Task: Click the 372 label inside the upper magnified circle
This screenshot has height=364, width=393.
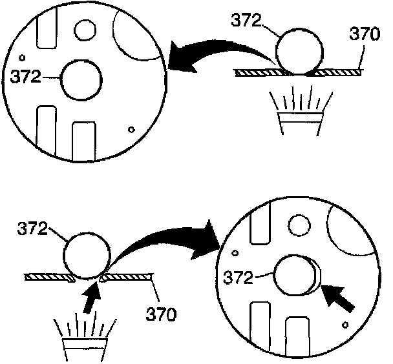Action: click(26, 77)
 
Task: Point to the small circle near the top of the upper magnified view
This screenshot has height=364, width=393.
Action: click(85, 29)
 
